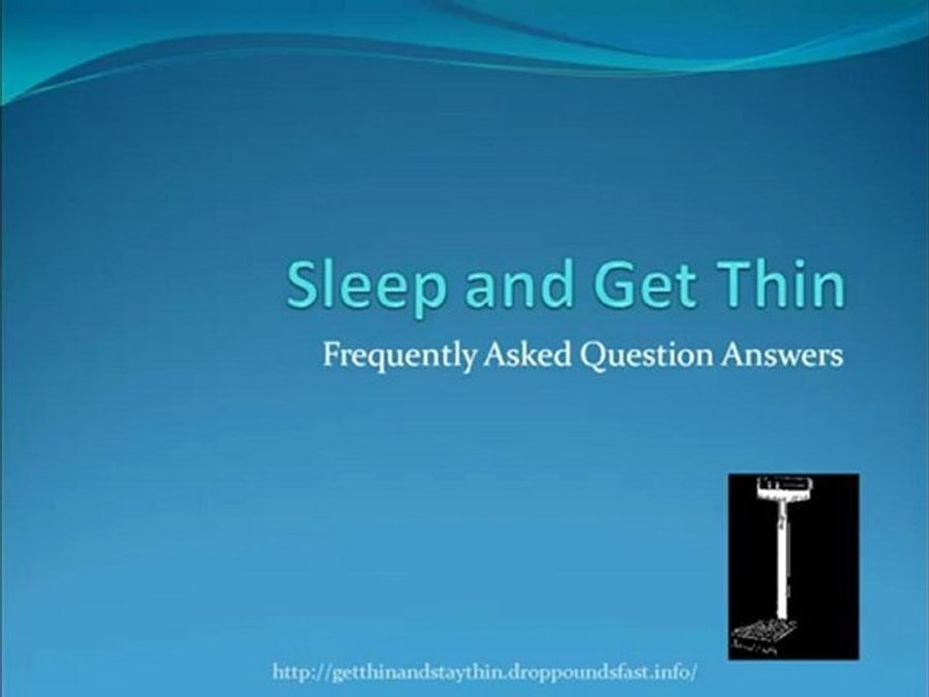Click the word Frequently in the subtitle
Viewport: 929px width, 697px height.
tap(398, 356)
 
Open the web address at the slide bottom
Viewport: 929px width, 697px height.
tap(485, 672)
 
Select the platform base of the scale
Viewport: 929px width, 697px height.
tap(765, 634)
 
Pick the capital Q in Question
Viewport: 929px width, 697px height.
tap(592, 356)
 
